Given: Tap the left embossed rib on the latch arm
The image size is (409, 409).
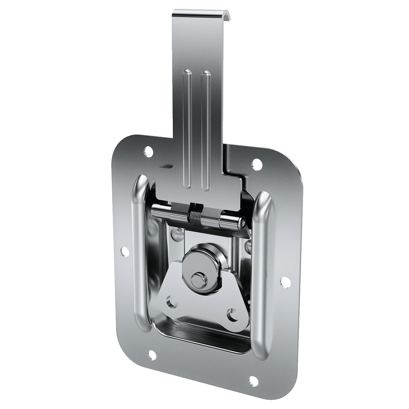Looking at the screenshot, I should [x=187, y=130].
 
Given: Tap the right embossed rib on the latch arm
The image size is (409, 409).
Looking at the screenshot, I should [x=205, y=130].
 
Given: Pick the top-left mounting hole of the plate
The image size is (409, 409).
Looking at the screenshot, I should [x=148, y=151].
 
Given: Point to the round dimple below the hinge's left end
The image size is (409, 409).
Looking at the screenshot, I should [x=176, y=233].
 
